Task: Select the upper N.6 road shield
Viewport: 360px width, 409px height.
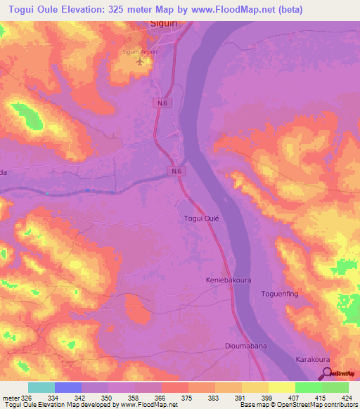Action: pos(162,103)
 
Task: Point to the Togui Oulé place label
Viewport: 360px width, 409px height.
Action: pos(202,219)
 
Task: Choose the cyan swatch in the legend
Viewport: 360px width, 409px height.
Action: pos(41,387)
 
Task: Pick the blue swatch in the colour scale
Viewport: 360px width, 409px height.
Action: pos(68,387)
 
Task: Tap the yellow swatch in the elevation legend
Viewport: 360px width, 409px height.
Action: pos(282,387)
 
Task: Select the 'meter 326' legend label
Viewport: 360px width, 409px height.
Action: pos(17,398)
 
